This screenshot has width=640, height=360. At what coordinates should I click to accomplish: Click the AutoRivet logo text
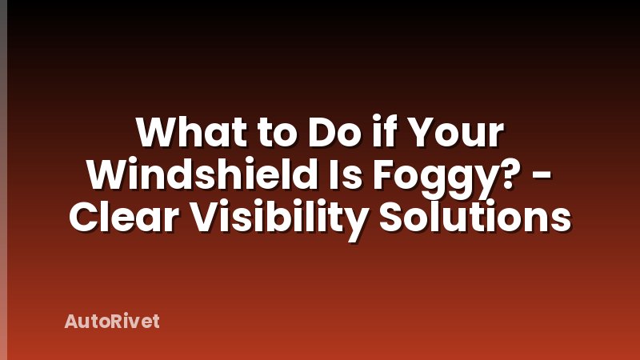pos(112,322)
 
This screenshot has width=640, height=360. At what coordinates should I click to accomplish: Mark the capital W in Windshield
pos(106,174)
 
